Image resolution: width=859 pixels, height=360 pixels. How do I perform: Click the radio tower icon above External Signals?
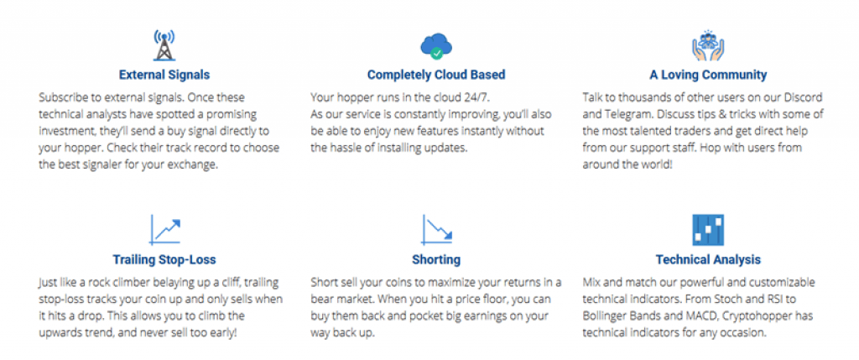tap(164, 45)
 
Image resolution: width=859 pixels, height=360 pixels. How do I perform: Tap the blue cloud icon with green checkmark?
tap(436, 45)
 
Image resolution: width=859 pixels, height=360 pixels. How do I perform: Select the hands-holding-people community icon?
tap(708, 45)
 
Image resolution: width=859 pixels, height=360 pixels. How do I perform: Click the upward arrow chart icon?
tap(164, 230)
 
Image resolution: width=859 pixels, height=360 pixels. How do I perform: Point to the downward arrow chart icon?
tap(436, 230)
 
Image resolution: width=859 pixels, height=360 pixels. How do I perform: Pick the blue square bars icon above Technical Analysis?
tap(708, 230)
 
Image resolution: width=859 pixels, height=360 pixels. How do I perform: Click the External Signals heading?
tap(164, 75)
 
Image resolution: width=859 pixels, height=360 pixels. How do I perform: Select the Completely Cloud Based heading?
tap(436, 75)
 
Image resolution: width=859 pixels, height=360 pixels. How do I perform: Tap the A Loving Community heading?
tap(708, 75)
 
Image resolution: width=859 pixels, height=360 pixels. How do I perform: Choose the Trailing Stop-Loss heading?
tap(164, 259)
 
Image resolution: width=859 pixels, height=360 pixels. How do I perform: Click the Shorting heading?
tap(436, 259)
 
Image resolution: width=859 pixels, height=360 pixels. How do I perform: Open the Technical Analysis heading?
tap(708, 259)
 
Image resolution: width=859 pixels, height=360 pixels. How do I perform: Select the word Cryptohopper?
tap(750, 316)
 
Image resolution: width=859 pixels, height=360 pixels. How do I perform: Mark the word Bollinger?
tap(604, 316)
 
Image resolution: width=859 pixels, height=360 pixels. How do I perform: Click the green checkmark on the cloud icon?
tap(436, 54)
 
